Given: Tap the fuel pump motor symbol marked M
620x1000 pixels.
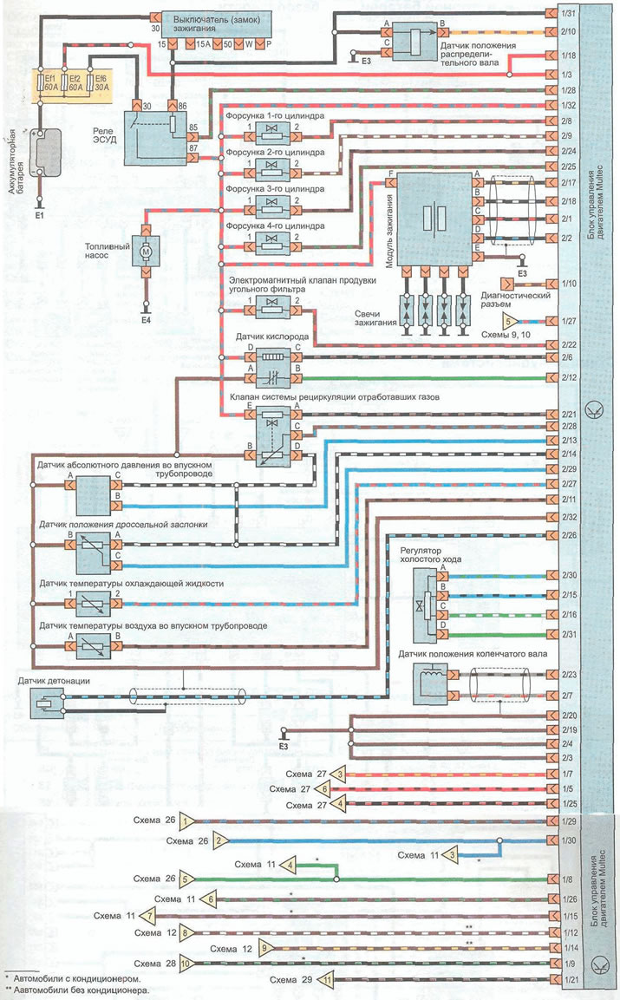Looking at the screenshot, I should click(x=146, y=252).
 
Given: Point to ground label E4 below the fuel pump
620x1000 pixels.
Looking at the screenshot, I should click(x=146, y=322).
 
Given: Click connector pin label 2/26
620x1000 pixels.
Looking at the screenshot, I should click(x=568, y=535).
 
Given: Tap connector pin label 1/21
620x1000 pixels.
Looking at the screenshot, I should click(x=568, y=979).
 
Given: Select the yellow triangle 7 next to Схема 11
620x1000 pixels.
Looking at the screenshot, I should click(x=149, y=916).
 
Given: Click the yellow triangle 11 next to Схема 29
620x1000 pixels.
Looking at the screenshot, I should click(x=327, y=979).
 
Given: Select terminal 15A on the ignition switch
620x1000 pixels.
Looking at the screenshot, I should click(x=202, y=43).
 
